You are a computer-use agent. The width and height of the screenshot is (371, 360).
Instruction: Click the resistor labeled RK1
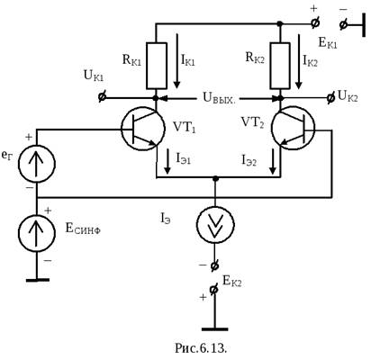coord(157,66)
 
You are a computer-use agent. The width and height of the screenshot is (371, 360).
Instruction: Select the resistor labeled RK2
coord(280,66)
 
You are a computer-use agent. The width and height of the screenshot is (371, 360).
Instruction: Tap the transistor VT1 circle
coord(143,129)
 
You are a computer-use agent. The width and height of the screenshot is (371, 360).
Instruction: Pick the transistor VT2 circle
coord(293,129)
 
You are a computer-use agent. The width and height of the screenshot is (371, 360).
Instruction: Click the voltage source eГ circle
coord(37,164)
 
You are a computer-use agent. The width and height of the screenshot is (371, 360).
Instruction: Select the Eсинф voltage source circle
coord(37,233)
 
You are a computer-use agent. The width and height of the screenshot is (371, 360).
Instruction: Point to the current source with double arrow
coord(215,224)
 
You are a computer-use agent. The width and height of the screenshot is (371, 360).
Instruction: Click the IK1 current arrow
coord(176,60)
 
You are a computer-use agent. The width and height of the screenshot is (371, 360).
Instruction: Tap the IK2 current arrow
coord(298,61)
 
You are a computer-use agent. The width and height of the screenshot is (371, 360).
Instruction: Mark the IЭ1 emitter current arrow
coord(167,162)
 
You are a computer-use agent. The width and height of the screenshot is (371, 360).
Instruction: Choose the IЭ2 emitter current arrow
coord(273,162)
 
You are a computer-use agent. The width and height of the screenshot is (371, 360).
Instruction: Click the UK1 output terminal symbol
coord(102,97)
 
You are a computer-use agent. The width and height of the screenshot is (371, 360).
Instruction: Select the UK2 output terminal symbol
coord(330,98)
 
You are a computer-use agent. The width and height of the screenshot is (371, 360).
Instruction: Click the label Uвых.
coord(220,98)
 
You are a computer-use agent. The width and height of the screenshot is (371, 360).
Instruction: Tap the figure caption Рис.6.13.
coord(201,348)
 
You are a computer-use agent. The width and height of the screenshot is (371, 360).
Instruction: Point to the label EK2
coord(232,282)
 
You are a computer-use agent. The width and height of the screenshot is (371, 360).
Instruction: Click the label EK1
coord(328,43)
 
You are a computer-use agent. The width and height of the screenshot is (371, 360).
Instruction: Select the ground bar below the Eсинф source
coord(38,280)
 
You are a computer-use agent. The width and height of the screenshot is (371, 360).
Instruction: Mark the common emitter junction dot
coord(215,178)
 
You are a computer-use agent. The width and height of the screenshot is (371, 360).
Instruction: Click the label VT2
coord(252,122)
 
